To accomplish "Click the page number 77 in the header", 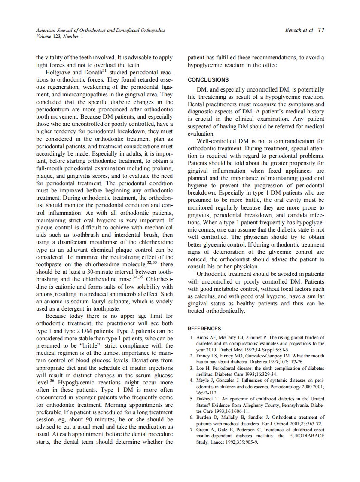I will point(321,31).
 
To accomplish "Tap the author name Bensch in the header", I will point(293,31).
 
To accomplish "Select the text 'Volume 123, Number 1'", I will point(60,37).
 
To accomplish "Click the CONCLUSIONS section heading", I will point(208,80).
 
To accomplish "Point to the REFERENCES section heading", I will point(204,329).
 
